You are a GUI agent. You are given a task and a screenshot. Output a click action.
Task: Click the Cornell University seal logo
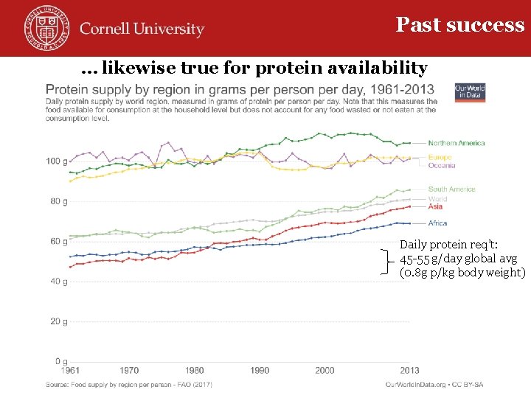(x=44, y=27)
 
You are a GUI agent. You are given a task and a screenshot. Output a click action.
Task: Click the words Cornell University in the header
(x=142, y=29)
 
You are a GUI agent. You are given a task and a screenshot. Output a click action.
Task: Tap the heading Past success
(x=460, y=25)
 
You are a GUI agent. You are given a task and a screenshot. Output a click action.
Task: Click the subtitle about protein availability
(x=254, y=69)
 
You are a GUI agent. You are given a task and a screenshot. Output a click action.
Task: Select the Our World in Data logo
(x=471, y=91)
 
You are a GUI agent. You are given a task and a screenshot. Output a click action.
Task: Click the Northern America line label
(x=457, y=143)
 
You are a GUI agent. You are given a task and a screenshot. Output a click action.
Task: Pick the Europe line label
(x=440, y=158)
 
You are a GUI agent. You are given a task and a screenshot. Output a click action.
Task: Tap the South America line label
(x=451, y=189)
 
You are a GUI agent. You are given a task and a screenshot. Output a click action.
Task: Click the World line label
(x=438, y=199)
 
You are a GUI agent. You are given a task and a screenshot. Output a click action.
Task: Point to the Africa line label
(x=437, y=223)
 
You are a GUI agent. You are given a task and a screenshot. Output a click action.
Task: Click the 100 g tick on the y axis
(x=55, y=161)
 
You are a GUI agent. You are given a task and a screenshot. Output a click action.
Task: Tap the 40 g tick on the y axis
(x=58, y=282)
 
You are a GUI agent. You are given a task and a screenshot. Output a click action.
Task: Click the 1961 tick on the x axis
(x=71, y=371)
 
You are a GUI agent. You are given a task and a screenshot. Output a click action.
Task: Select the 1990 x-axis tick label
(x=260, y=371)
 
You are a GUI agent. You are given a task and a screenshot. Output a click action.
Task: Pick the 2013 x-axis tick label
(x=409, y=371)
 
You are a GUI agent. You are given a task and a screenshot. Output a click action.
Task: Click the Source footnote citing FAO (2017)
(x=129, y=385)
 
